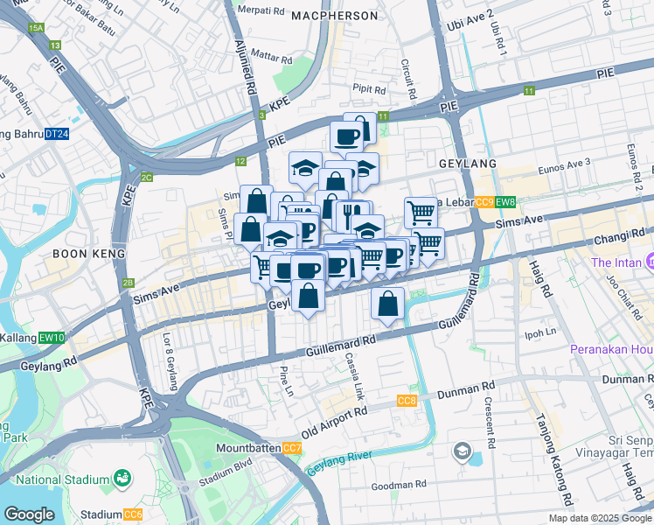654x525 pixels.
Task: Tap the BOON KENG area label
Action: (x=86, y=253)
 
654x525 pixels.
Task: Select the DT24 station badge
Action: (x=57, y=134)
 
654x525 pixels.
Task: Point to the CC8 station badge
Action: (x=406, y=401)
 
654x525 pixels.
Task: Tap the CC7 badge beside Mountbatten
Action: (x=293, y=449)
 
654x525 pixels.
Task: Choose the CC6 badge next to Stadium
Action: (x=133, y=514)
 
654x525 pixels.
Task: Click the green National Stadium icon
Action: (x=123, y=479)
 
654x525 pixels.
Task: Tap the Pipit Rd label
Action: (x=368, y=89)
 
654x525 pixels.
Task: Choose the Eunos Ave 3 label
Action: (x=565, y=162)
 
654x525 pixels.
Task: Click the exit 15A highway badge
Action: (x=36, y=29)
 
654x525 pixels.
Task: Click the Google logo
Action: (x=29, y=514)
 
